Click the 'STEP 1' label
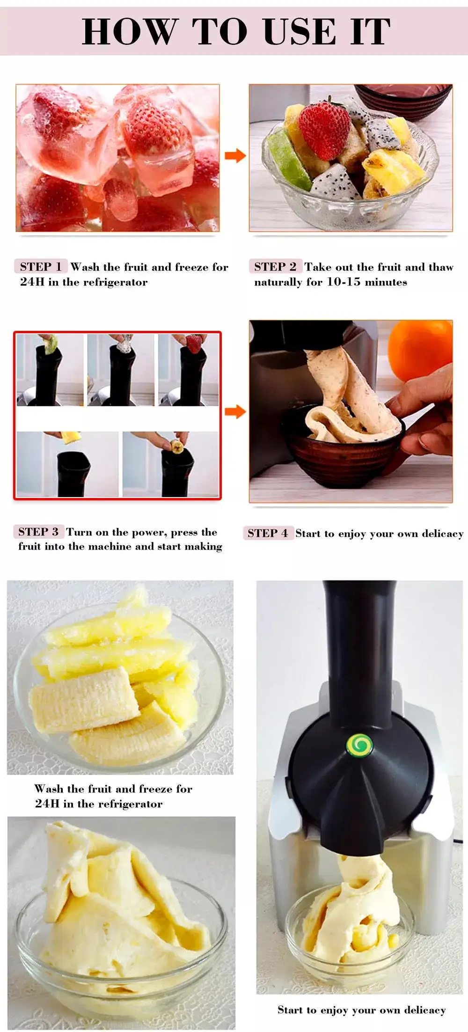point(41,267)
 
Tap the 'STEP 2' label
point(275,267)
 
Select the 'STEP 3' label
point(38,532)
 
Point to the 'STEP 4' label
point(268,533)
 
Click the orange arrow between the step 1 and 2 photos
point(235,156)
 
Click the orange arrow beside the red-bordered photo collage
point(235,412)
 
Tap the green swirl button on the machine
point(359,745)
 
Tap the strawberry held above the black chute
point(193,343)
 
